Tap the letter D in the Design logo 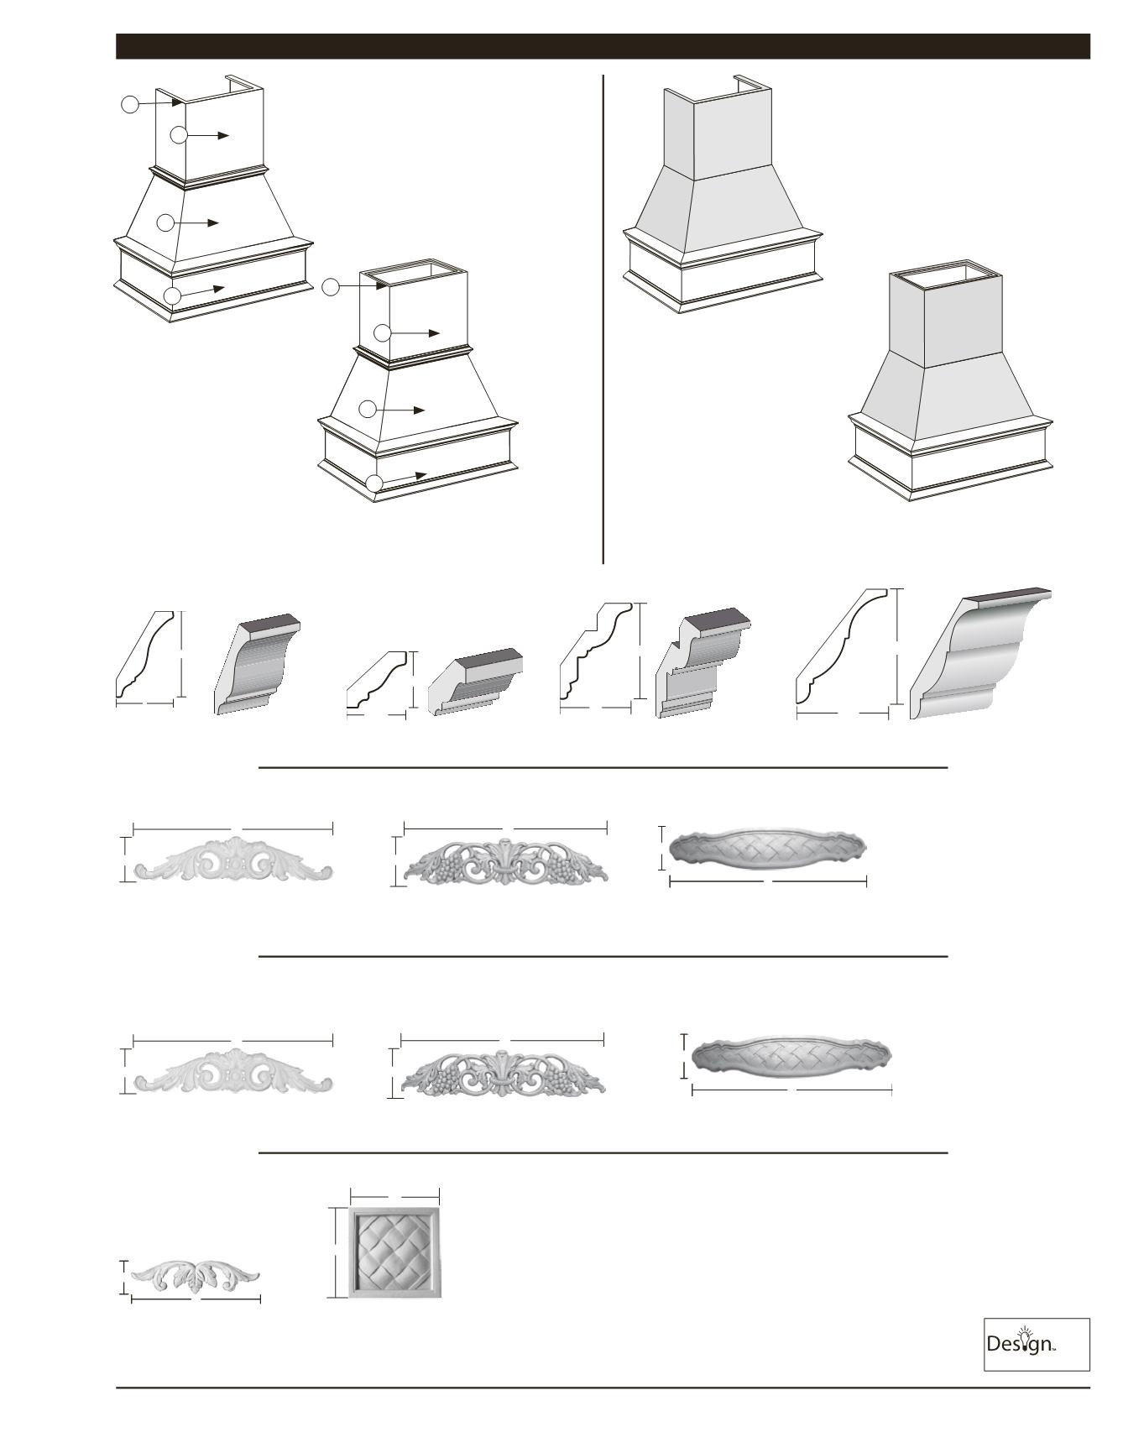click(x=994, y=1344)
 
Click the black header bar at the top click(x=603, y=46)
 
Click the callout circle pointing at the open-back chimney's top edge click(x=129, y=104)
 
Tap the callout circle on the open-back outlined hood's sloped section click(x=165, y=222)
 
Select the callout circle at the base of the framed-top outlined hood click(x=374, y=483)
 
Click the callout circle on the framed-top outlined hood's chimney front click(x=382, y=332)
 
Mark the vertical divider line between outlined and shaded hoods click(x=603, y=319)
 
